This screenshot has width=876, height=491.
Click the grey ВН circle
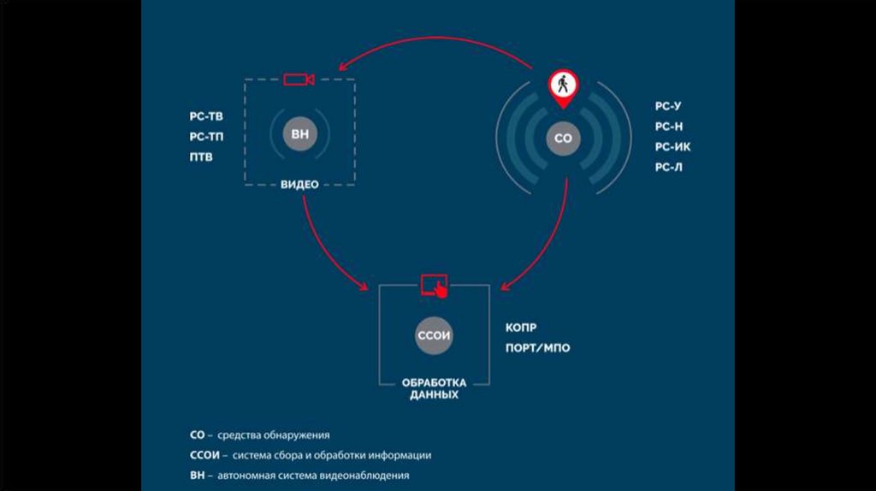(x=299, y=135)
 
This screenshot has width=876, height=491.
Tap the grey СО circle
(x=562, y=137)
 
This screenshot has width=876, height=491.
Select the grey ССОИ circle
(x=434, y=336)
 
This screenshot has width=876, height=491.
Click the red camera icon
(x=299, y=80)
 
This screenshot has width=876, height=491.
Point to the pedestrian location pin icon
(x=562, y=86)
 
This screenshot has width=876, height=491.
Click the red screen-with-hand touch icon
(x=435, y=285)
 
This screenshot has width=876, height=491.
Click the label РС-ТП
(x=206, y=137)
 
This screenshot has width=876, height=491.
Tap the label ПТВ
(x=202, y=157)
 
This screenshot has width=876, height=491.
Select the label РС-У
(x=668, y=106)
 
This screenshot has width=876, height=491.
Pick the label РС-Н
(x=669, y=127)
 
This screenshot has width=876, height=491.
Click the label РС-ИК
(x=672, y=147)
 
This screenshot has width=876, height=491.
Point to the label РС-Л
(x=669, y=168)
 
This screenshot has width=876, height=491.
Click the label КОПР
(x=522, y=328)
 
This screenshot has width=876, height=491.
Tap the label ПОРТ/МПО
(x=538, y=348)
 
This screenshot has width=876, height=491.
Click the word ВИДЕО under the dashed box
(x=299, y=184)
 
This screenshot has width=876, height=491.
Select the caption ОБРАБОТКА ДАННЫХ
(x=435, y=388)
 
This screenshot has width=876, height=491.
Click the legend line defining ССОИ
(x=311, y=455)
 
